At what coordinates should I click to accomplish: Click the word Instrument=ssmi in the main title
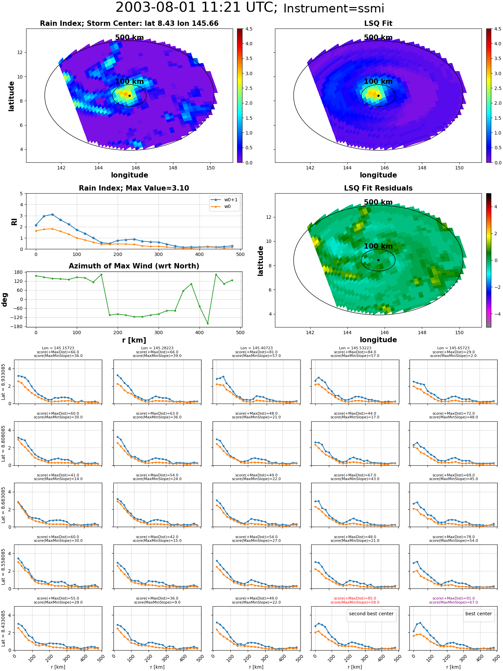[334, 9]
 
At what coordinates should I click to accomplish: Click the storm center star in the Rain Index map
[129, 96]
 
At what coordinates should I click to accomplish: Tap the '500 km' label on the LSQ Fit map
[378, 38]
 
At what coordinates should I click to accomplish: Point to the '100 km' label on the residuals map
[378, 246]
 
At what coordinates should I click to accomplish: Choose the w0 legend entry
[221, 207]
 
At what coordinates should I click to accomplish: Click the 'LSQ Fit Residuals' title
[378, 188]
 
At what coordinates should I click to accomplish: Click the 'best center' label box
[479, 614]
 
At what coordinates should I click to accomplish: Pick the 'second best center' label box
[371, 614]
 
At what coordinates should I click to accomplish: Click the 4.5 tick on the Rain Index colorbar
[249, 29]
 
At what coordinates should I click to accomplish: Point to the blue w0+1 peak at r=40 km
[52, 214]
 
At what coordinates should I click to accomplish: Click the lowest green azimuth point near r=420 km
[208, 323]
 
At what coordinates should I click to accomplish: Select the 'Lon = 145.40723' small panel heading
[256, 348]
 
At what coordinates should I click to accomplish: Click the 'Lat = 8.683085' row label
[3, 505]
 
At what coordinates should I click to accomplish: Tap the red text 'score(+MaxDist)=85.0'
[355, 599]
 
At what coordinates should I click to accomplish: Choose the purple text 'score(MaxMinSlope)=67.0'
[453, 603]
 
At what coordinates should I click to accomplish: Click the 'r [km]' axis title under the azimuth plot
[134, 340]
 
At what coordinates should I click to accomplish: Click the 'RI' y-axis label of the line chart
[14, 221]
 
